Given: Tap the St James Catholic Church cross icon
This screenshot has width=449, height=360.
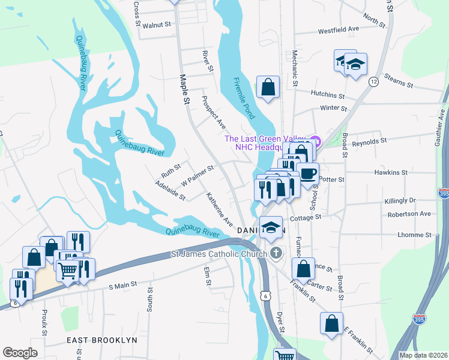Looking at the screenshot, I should pos(276,254).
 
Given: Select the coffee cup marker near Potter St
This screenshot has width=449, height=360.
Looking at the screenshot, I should pos(308,174).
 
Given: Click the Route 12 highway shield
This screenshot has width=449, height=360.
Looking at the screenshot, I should pos(373,82).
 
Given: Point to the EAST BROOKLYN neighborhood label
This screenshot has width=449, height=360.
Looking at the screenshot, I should pos(102,340).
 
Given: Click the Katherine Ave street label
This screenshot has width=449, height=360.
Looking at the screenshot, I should pos(220,209).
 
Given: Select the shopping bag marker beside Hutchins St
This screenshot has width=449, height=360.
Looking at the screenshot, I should pos(268,88).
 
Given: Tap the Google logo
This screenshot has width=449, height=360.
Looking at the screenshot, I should pos(20,353).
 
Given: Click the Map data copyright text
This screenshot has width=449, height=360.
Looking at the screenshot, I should pos(423,355).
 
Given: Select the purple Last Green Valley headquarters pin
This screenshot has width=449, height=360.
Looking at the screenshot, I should pos(316,141).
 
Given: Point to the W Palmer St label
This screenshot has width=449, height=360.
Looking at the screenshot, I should pos(197,176).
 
